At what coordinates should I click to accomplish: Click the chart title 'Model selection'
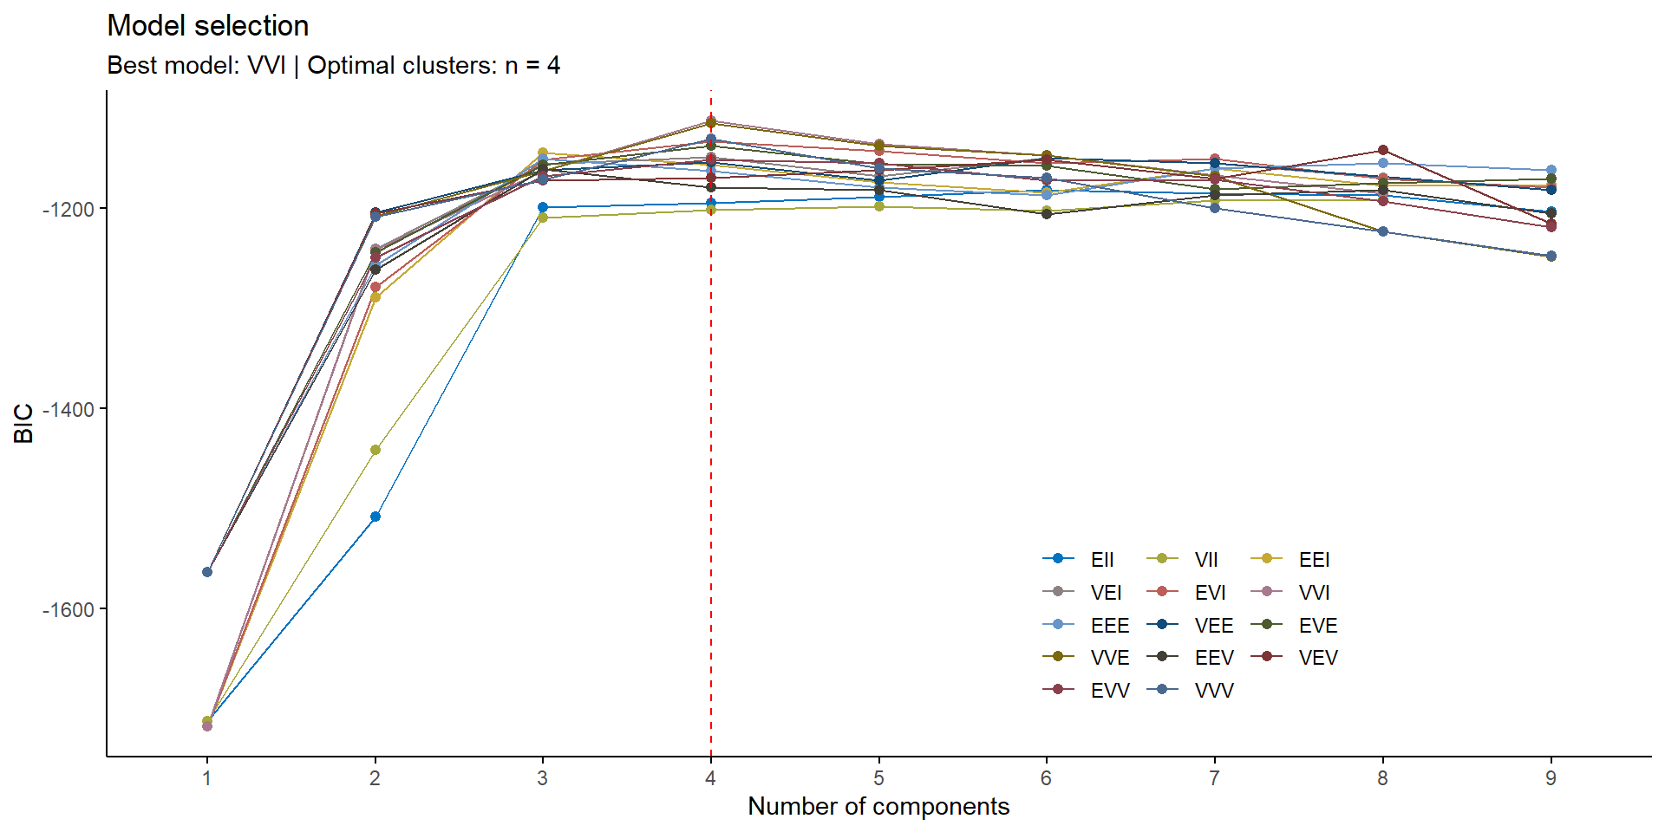pyautogui.click(x=207, y=26)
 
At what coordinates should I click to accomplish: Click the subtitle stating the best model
pyautogui.click(x=333, y=66)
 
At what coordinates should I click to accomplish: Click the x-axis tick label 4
pyautogui.click(x=710, y=778)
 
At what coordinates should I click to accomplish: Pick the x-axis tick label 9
pyautogui.click(x=1551, y=778)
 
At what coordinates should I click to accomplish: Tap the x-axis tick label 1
pyautogui.click(x=206, y=778)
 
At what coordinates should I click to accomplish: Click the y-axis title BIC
pyautogui.click(x=24, y=423)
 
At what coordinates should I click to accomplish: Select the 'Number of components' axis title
pyautogui.click(x=878, y=807)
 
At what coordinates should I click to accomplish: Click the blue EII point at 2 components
pyautogui.click(x=375, y=517)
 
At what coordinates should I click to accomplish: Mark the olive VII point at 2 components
pyautogui.click(x=375, y=450)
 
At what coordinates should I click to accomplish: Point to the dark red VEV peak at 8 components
pyautogui.click(x=1383, y=150)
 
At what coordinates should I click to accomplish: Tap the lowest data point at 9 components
pyautogui.click(x=1551, y=257)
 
